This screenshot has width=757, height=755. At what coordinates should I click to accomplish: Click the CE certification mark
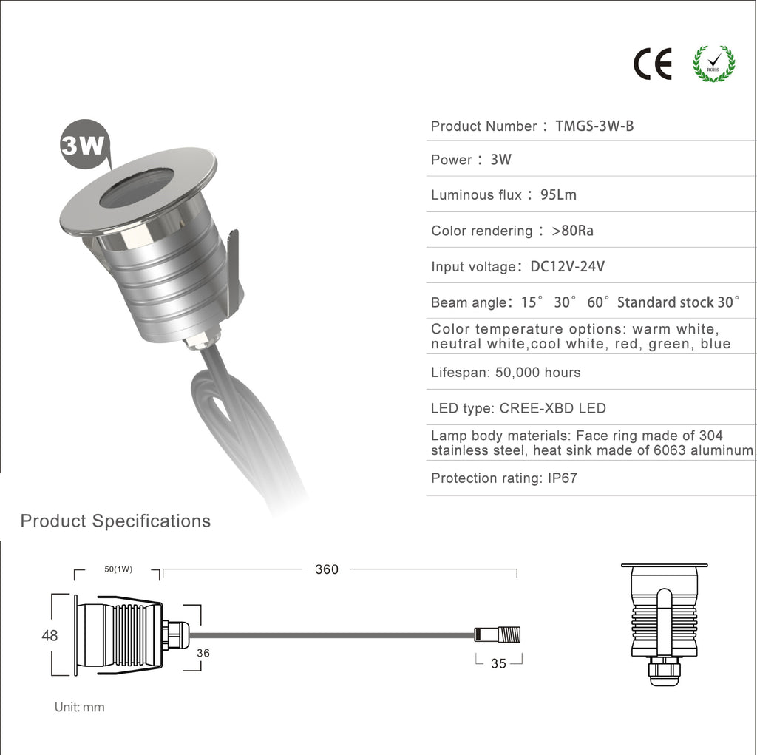click(x=652, y=64)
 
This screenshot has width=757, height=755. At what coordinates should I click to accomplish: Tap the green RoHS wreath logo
click(x=713, y=64)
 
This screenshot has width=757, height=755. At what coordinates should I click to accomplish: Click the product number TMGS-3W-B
click(x=594, y=126)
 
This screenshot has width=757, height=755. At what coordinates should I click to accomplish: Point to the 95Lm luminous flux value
click(x=558, y=194)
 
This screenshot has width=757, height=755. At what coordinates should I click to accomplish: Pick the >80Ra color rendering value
click(x=573, y=231)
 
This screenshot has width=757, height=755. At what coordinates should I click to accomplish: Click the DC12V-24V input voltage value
click(x=567, y=266)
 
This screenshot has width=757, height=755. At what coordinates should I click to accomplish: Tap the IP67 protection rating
click(x=563, y=478)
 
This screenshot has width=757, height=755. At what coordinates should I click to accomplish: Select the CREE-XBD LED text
click(x=552, y=408)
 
